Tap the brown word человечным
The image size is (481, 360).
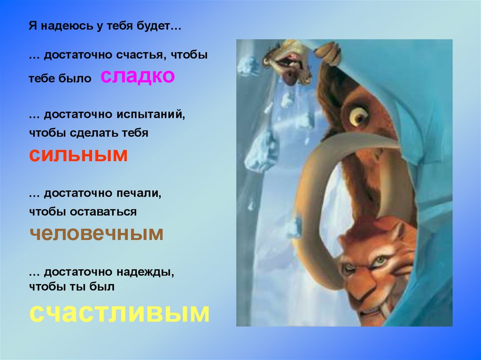pyautogui.click(x=96, y=233)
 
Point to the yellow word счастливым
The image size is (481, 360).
pyautogui.click(x=119, y=312)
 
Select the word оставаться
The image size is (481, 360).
pyautogui.click(x=104, y=212)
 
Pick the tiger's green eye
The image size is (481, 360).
pyautogui.click(x=379, y=260)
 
